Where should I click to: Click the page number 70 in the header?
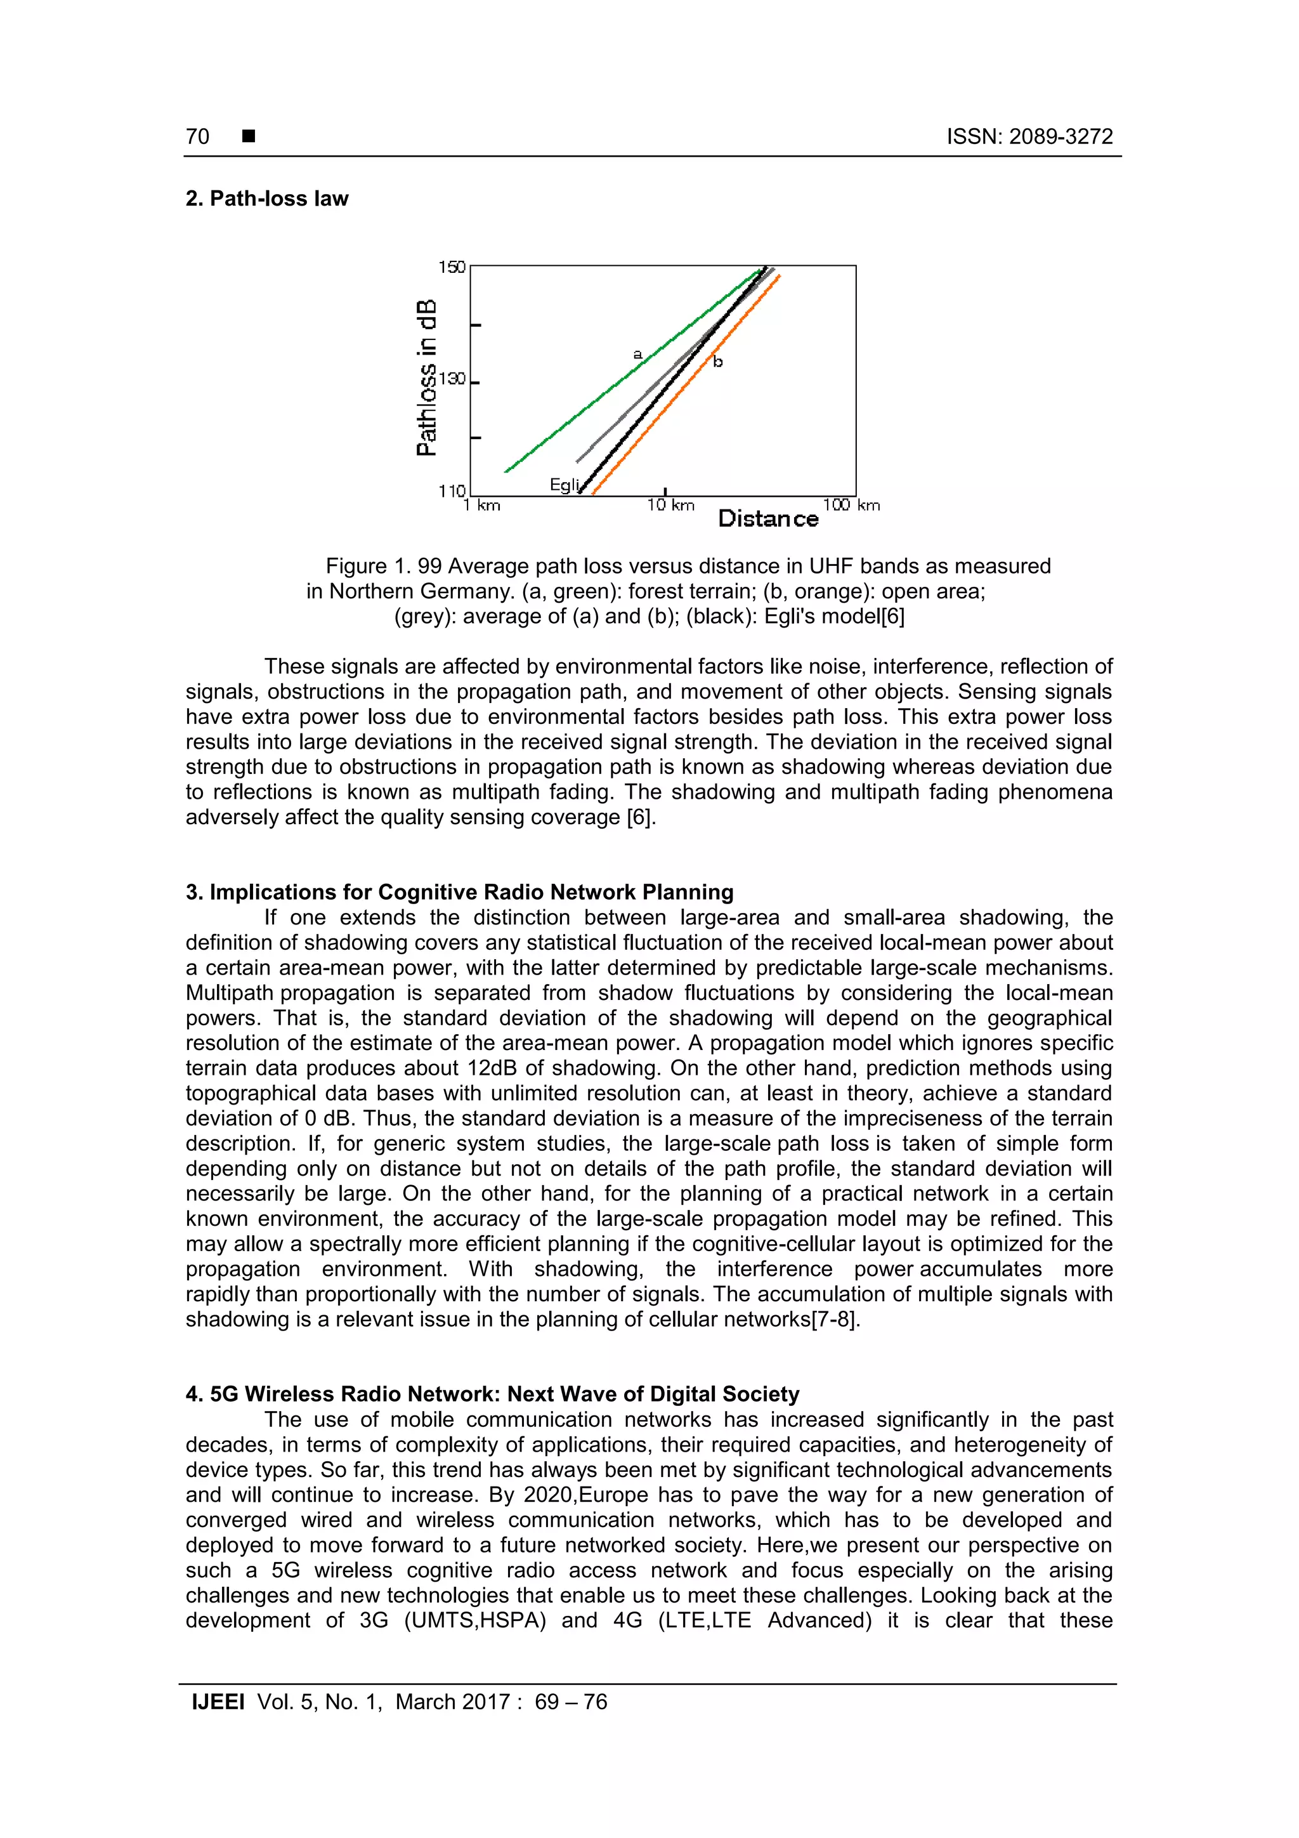click(198, 137)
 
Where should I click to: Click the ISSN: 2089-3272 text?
click(1029, 137)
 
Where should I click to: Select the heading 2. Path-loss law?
click(266, 199)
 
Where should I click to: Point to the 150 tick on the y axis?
click(452, 266)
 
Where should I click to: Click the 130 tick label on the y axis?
click(452, 379)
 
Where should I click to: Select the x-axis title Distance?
click(767, 519)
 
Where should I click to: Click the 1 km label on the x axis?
click(482, 505)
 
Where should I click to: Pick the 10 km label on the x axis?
click(670, 505)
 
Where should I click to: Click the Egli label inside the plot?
click(563, 484)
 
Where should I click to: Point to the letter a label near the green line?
click(638, 353)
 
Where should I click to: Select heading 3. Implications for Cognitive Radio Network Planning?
click(459, 892)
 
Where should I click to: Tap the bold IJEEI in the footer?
click(218, 1702)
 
